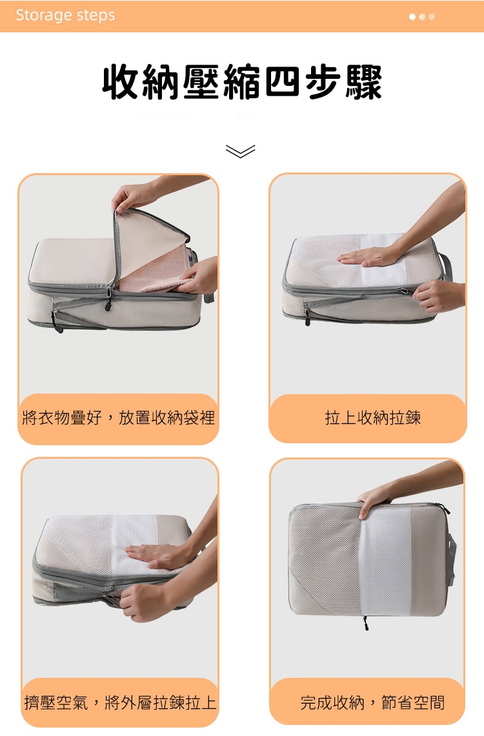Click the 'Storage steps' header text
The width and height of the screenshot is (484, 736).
(65, 15)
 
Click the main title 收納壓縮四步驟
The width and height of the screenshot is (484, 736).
(242, 83)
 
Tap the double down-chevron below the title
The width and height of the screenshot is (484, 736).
(240, 151)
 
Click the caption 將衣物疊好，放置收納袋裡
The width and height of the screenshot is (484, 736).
(118, 417)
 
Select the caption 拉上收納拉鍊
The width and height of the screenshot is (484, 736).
(372, 417)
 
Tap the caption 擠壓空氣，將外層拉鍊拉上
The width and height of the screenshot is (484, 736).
(120, 702)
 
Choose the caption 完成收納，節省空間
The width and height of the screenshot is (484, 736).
(372, 702)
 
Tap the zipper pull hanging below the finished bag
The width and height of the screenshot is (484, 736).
(365, 623)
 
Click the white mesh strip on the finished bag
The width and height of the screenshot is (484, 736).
(385, 561)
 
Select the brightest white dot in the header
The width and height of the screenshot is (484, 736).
(412, 17)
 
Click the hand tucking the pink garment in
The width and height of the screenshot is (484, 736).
(201, 277)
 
